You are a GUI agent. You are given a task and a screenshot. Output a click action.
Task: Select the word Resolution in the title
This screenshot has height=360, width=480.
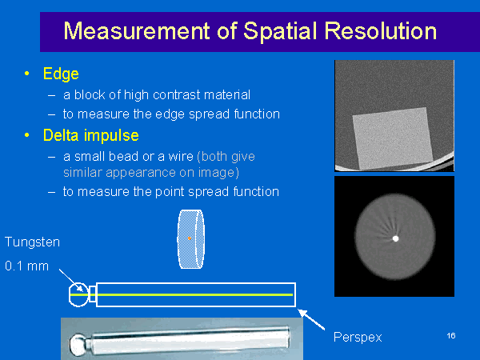click(x=380, y=31)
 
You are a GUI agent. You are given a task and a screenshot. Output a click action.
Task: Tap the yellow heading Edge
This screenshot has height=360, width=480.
click(x=61, y=74)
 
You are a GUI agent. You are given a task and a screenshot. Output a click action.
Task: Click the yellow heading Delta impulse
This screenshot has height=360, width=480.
click(x=91, y=136)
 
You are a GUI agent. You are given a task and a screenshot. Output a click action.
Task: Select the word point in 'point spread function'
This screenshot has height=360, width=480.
click(x=170, y=192)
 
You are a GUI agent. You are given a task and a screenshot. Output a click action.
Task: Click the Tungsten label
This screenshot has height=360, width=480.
click(x=33, y=242)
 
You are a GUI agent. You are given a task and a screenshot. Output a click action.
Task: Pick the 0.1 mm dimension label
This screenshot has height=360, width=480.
click(x=27, y=266)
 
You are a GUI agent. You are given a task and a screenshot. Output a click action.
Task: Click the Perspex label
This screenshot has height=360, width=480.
click(x=358, y=338)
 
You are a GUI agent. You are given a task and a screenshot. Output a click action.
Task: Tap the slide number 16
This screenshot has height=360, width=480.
click(x=451, y=336)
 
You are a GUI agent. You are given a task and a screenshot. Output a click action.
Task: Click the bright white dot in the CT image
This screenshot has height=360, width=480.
click(x=395, y=238)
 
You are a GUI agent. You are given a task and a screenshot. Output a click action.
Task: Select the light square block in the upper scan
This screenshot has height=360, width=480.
click(x=393, y=138)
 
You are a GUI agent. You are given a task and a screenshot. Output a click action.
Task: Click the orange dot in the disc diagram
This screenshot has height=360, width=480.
click(x=190, y=238)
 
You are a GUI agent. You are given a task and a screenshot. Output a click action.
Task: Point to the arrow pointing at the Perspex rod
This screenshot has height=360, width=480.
click(x=311, y=319)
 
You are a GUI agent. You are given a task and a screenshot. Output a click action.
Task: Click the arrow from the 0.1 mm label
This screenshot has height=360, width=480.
click(x=70, y=281)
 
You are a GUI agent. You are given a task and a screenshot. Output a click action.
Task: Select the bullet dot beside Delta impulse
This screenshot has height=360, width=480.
click(x=27, y=135)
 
